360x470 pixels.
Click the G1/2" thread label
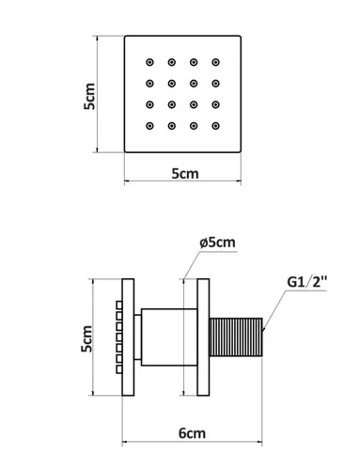(x=306, y=282)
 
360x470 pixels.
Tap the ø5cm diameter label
(x=217, y=243)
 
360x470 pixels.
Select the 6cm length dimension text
(x=192, y=433)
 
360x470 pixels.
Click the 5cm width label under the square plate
(x=185, y=174)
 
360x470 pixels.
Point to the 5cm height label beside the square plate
(x=89, y=96)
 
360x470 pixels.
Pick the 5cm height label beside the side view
(x=86, y=338)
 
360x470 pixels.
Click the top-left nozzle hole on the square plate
(x=149, y=62)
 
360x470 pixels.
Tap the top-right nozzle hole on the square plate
(x=215, y=62)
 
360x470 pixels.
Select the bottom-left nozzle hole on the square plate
(x=149, y=126)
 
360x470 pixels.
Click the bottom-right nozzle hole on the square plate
(x=215, y=126)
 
